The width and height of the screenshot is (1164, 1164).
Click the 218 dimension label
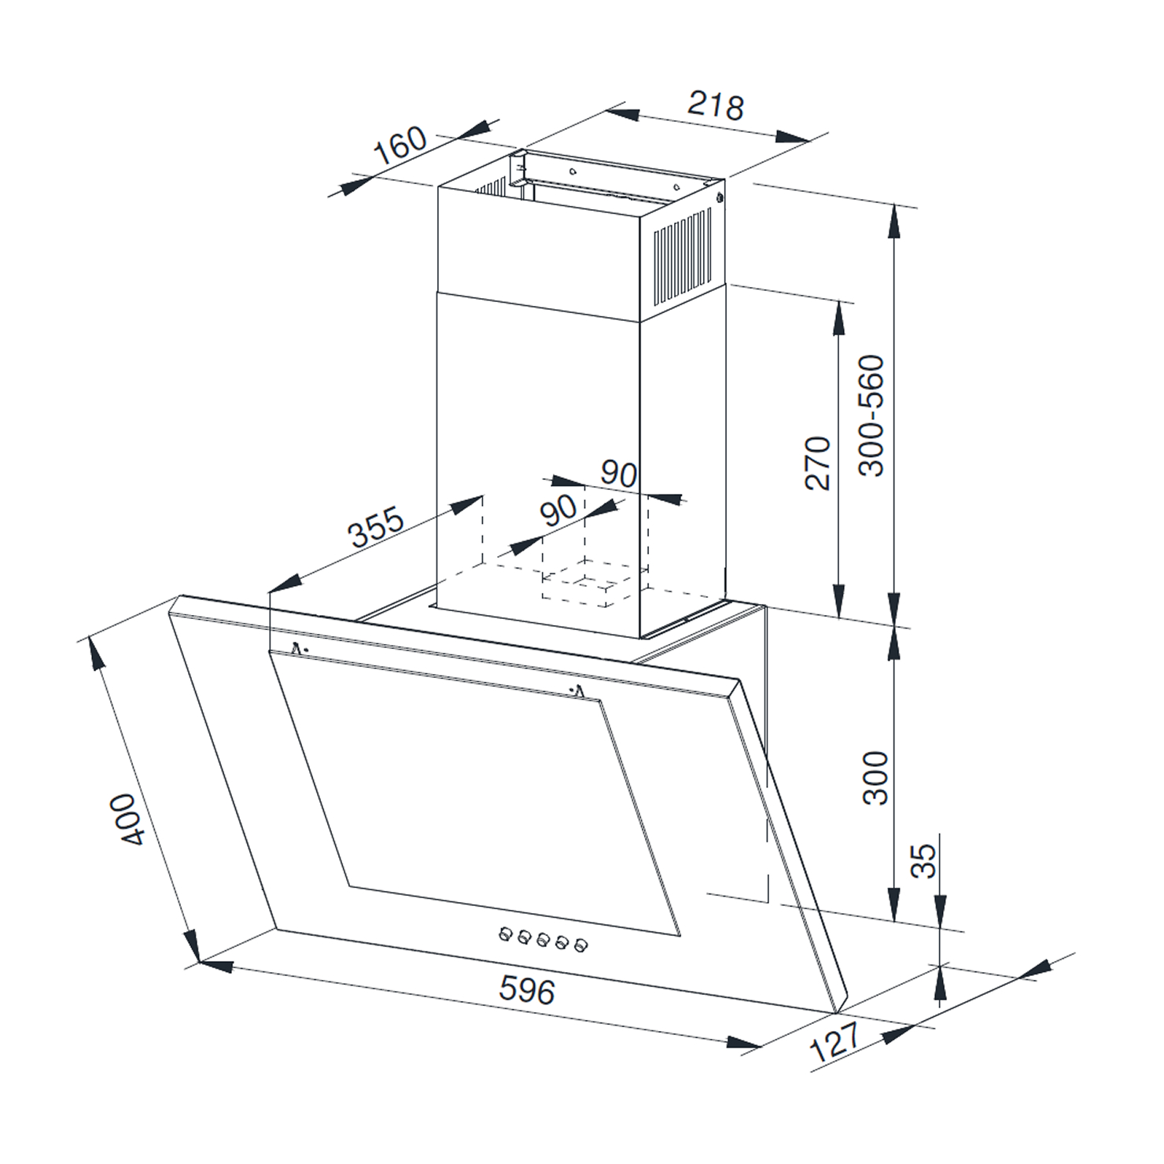click(x=715, y=105)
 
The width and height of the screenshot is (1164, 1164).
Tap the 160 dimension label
click(x=400, y=146)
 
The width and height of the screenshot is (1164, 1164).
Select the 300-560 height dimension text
click(x=871, y=416)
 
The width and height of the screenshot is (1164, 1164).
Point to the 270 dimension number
click(x=819, y=463)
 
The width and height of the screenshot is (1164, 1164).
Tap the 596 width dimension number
click(x=527, y=990)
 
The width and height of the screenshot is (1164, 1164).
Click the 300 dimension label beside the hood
click(x=875, y=777)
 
